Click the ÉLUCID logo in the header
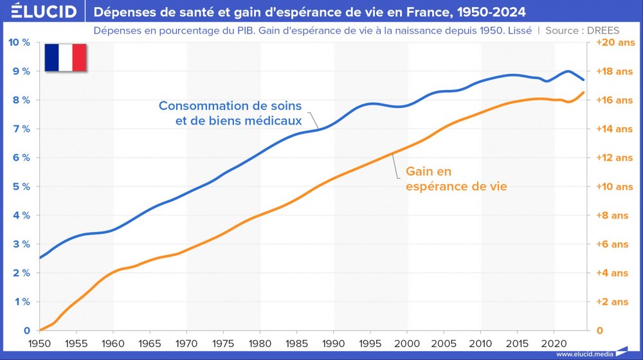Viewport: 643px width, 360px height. click(39, 12)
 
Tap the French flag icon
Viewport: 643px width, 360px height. click(65, 58)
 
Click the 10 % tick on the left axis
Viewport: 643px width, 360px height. click(18, 42)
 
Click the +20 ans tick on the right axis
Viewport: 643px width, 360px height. click(615, 42)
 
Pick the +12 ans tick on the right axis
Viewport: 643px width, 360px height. click(615, 158)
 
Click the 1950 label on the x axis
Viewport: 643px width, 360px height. click(40, 344)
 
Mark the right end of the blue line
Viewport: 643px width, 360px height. click(583, 80)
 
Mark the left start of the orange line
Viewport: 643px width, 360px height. click(40, 330)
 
